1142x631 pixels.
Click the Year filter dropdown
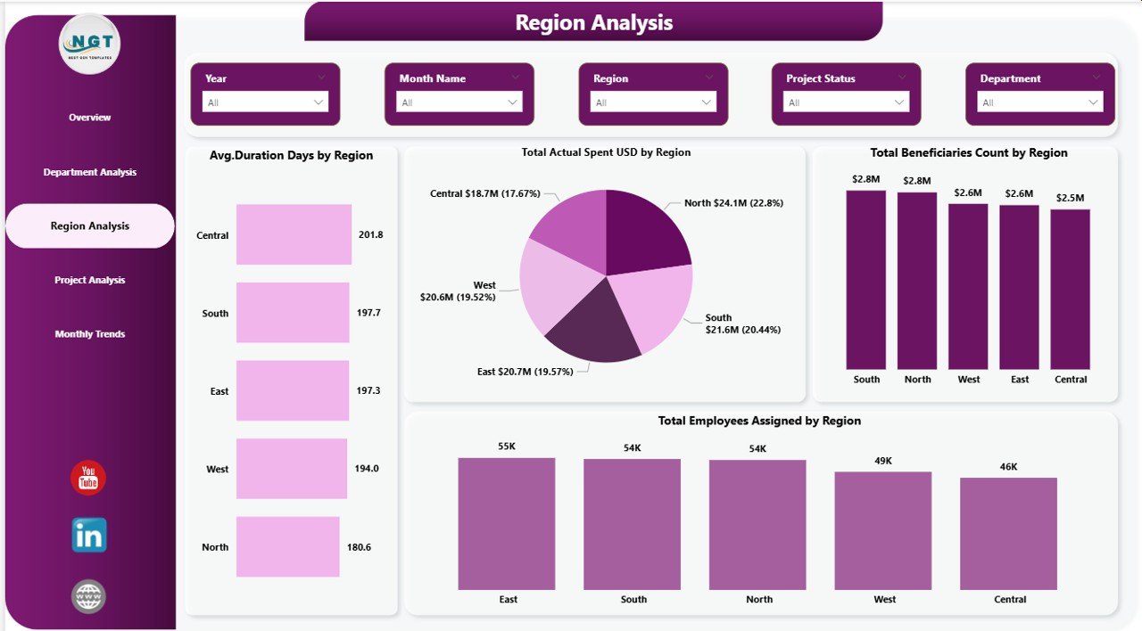coord(265,102)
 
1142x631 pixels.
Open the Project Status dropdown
coord(846,102)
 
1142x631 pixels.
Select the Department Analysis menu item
coord(90,172)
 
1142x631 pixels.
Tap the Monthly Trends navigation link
coord(90,334)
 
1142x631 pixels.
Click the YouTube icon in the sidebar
coord(88,479)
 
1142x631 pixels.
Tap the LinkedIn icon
coord(89,535)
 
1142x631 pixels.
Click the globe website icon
coord(88,596)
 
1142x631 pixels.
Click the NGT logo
coord(89,43)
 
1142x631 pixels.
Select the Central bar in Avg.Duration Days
coord(294,234)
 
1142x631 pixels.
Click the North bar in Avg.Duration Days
coord(287,546)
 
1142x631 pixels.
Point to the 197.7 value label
coord(368,313)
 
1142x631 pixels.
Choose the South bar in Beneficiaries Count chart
coord(865,280)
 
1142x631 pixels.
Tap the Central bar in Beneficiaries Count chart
coord(1070,289)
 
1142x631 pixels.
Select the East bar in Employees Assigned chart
coord(507,523)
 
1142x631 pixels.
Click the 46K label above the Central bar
coord(1009,466)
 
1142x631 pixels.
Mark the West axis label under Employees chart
coord(884,600)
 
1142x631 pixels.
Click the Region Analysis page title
coord(593,22)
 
